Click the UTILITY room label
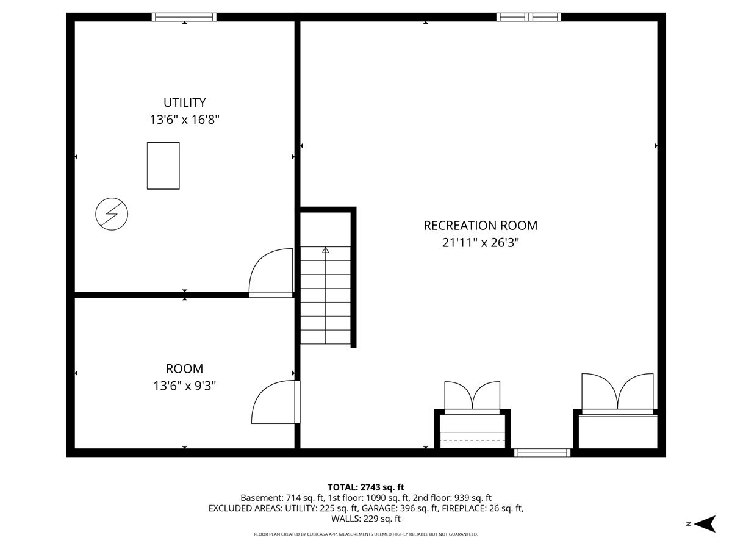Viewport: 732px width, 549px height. click(184, 102)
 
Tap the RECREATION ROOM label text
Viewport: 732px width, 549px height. click(480, 226)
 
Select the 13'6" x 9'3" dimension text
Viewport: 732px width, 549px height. click(184, 386)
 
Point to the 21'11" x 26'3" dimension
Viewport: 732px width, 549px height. click(480, 243)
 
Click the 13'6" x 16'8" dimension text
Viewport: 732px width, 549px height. click(184, 120)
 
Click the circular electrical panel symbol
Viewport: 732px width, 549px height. click(112, 214)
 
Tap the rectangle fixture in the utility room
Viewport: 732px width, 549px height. click(163, 166)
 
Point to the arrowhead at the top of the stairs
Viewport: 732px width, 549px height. click(326, 249)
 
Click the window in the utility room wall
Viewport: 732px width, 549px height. click(184, 17)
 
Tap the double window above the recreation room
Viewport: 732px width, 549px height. click(529, 17)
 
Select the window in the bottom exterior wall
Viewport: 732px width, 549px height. click(542, 453)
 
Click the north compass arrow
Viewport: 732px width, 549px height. click(705, 524)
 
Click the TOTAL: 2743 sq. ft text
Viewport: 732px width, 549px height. click(366, 487)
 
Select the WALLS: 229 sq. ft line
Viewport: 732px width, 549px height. click(366, 518)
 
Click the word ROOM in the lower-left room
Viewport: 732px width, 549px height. click(184, 368)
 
